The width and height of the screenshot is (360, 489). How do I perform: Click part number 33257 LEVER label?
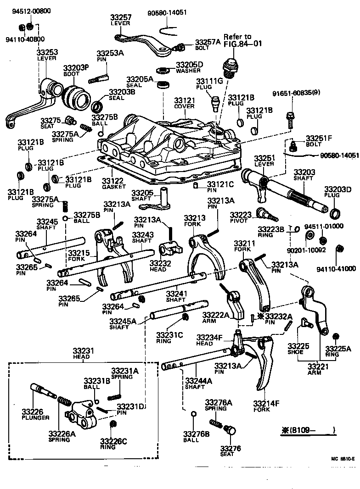[121, 20]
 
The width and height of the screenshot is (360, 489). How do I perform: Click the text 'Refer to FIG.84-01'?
[237, 40]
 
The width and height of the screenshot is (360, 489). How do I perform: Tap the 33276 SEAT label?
[227, 451]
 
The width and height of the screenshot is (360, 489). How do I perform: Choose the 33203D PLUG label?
[337, 192]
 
